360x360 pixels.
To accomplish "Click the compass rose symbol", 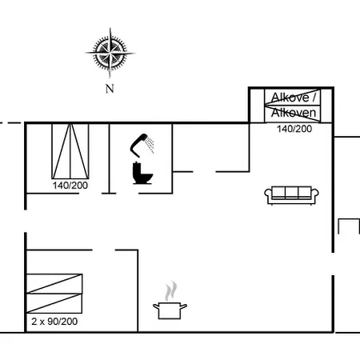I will tap(110, 52).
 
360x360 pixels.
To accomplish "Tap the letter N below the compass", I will tap(110, 90).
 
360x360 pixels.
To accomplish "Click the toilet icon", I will tap(142, 172).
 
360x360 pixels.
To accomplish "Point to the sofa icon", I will tap(290, 193).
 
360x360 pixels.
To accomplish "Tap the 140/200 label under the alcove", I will tap(294, 128).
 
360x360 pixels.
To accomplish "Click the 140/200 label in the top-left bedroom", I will tap(71, 186).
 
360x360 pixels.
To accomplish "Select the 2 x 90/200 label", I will tap(54, 321).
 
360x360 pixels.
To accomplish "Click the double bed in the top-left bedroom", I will tap(70, 151).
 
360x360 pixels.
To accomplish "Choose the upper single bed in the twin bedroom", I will tap(54, 283).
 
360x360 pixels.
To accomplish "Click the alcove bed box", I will tap(294, 106).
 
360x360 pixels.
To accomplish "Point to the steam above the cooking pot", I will tap(170, 290).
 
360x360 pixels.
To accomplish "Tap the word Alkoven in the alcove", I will tap(294, 113).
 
